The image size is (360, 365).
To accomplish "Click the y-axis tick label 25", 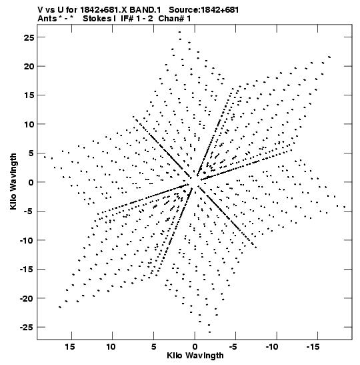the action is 29,37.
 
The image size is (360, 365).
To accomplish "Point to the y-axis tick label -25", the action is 27,327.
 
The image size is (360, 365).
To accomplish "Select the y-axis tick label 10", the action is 29,124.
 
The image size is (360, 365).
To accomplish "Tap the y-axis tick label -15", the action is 27,270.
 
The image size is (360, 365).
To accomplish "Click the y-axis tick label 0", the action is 31,182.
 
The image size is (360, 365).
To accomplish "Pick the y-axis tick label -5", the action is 29,212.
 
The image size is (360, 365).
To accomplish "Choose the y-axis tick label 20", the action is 29,66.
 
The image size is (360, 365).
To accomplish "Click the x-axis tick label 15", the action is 70,347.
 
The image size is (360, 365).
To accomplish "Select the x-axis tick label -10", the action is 272,347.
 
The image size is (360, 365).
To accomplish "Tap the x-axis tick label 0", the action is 195,347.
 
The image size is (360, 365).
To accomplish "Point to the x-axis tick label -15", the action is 313,347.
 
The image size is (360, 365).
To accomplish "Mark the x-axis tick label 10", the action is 111,347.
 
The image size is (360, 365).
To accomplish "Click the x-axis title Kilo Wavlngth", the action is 195,356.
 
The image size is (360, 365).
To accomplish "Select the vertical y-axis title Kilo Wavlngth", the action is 13,181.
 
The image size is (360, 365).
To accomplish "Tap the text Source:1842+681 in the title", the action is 204,10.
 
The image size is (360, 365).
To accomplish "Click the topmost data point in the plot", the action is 179,32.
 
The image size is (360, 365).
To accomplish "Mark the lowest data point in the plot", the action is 209,332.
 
